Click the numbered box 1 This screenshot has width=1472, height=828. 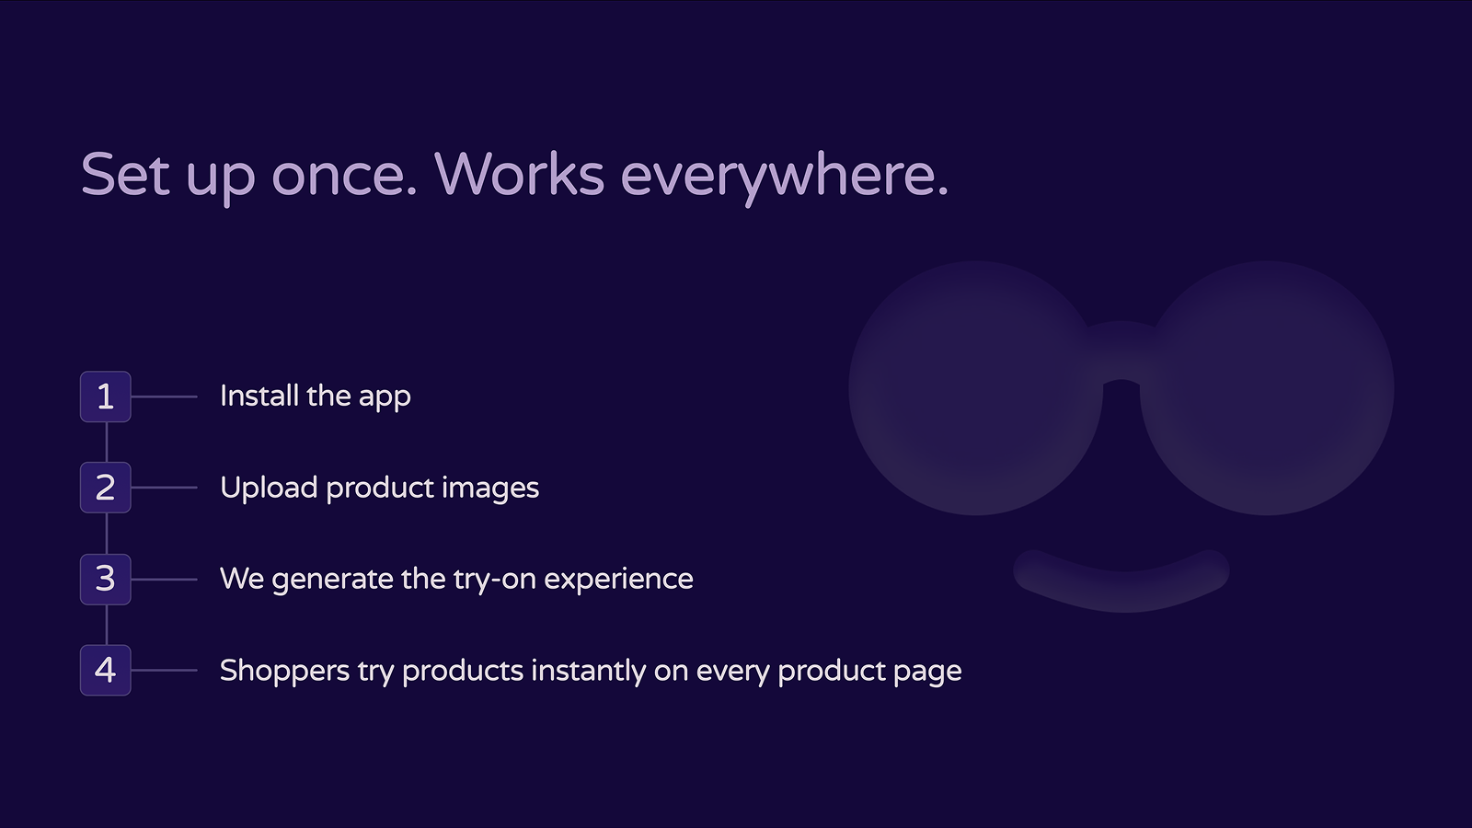tap(106, 397)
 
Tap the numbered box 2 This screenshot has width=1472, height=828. tap(106, 488)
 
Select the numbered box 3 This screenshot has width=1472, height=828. tap(106, 579)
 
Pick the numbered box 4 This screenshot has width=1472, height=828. tap(106, 670)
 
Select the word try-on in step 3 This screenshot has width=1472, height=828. tap(495, 580)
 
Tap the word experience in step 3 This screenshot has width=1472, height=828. tap(618, 580)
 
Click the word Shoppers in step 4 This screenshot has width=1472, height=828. tap(284, 671)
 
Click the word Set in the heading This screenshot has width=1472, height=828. tap(125, 174)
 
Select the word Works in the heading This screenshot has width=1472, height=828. tap(519, 174)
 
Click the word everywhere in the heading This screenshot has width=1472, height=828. tap(784, 176)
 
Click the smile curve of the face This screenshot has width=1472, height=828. tap(1121, 590)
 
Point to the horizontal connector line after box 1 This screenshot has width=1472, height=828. tap(164, 397)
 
